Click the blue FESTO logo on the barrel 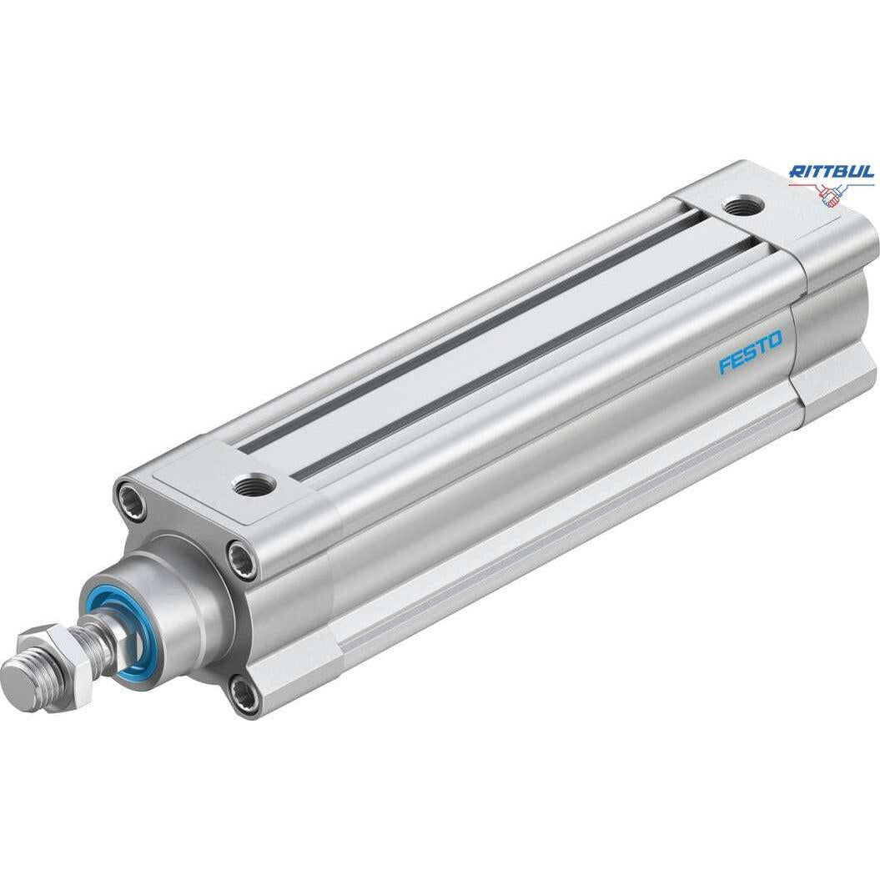(751, 353)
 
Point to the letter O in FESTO (774, 340)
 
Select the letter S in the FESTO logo (751, 353)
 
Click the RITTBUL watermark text (831, 171)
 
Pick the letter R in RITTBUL (797, 171)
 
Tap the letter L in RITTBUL (868, 171)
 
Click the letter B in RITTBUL (842, 171)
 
